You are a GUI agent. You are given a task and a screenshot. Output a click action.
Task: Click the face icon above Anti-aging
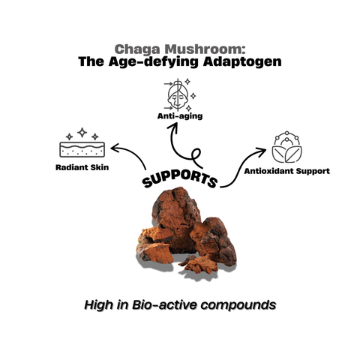click(x=178, y=94)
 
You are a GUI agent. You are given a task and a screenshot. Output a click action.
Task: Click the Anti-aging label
click(x=179, y=117)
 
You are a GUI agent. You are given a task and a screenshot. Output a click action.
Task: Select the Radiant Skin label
click(x=82, y=167)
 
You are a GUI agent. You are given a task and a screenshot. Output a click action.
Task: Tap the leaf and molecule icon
click(x=286, y=148)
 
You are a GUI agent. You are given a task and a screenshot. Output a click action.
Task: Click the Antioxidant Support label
click(x=287, y=170)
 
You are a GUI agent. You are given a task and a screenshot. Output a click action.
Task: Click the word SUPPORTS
click(x=180, y=180)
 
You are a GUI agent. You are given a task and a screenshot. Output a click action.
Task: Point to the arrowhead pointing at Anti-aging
click(x=175, y=128)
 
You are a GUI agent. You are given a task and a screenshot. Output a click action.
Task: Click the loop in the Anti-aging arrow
click(x=196, y=157)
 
